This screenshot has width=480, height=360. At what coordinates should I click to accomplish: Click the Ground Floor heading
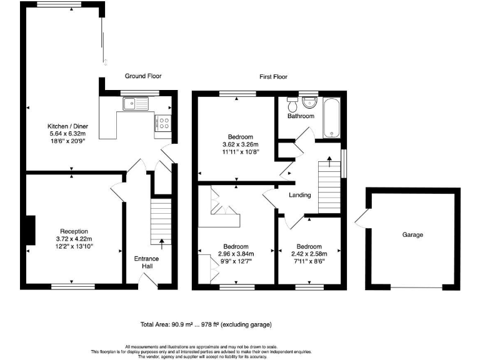pos(143,76)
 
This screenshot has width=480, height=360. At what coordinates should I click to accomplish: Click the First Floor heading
pos(273,77)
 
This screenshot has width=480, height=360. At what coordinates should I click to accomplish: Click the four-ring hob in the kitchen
pos(165,123)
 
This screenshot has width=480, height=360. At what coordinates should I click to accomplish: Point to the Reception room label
pos(74,231)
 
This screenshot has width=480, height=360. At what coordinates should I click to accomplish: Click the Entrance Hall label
pos(147,262)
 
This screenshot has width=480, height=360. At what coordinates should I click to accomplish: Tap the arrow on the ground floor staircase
pos(162,242)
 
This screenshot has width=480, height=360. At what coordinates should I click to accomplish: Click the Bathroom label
pos(301,116)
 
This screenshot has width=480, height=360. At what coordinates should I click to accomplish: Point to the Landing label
pos(300,195)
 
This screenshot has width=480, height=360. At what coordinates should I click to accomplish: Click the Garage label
pos(412,235)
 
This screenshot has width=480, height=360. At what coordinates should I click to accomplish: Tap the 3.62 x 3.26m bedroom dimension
pos(240,144)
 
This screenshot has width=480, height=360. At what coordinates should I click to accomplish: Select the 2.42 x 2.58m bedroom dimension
pos(309,253)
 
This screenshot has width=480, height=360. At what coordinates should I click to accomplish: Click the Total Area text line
pos(206,325)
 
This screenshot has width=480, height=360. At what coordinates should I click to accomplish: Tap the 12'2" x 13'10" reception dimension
pos(74,247)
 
